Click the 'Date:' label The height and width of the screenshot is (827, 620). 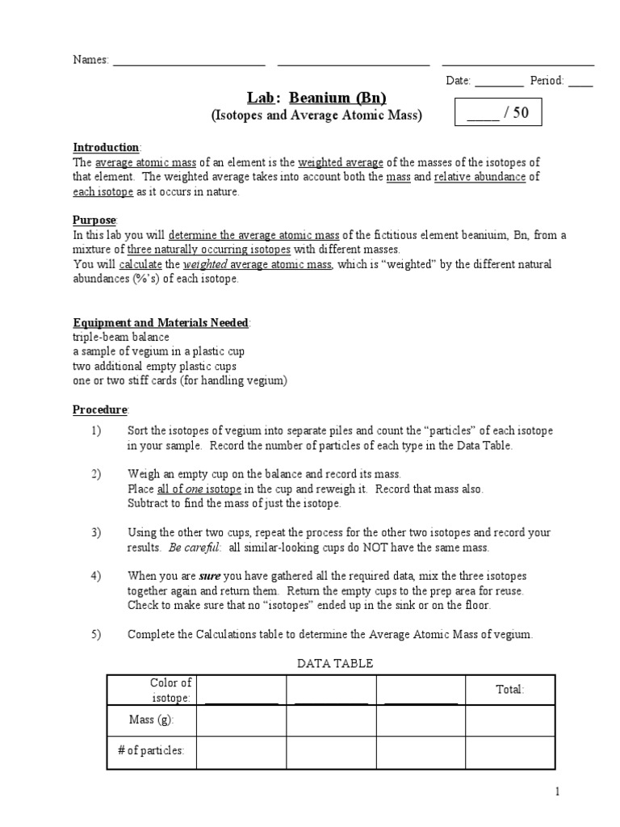click(459, 81)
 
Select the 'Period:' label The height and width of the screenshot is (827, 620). click(547, 81)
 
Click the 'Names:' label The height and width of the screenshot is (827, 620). click(90, 61)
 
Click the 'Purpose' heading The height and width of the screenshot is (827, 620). click(95, 220)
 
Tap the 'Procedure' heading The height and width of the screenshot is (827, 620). click(100, 410)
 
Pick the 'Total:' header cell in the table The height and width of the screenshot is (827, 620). click(509, 689)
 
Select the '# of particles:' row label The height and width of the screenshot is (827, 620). click(151, 751)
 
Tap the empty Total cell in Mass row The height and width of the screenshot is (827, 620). click(509, 720)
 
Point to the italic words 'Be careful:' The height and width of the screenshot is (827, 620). click(193, 548)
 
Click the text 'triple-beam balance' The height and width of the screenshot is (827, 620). click(121, 338)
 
